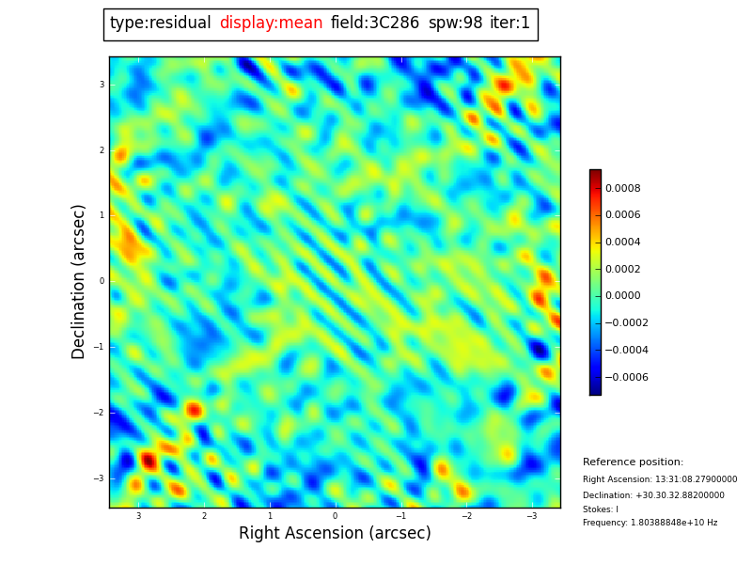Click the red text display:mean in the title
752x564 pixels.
click(271, 23)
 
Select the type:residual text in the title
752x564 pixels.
click(160, 23)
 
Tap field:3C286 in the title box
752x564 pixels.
click(374, 23)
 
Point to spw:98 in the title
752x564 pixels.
click(455, 23)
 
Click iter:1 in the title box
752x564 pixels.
click(509, 23)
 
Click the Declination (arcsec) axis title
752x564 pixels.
click(79, 281)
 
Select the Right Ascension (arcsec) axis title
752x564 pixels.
click(335, 534)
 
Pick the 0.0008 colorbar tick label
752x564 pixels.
click(622, 188)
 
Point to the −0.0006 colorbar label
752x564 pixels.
click(626, 377)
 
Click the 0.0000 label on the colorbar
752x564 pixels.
click(622, 296)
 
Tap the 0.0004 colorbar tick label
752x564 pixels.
click(622, 243)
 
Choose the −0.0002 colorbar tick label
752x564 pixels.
click(626, 323)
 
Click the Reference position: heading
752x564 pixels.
click(633, 462)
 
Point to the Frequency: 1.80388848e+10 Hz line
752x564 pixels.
click(650, 523)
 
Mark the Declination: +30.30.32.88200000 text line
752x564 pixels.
click(653, 495)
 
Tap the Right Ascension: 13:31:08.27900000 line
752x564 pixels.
click(660, 479)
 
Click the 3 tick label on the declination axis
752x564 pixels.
click(102, 85)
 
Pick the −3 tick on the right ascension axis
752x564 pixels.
click(531, 516)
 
